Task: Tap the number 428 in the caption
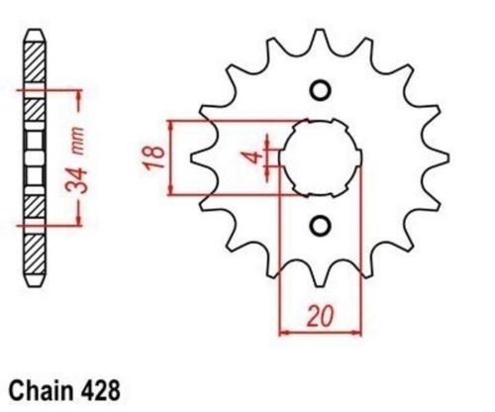pos(100,391)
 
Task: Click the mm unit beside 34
pos(79,141)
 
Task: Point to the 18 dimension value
pos(154,156)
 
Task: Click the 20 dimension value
pos(320,316)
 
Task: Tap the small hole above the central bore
pos(320,90)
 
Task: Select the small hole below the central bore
pos(320,226)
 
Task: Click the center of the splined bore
pos(320,157)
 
